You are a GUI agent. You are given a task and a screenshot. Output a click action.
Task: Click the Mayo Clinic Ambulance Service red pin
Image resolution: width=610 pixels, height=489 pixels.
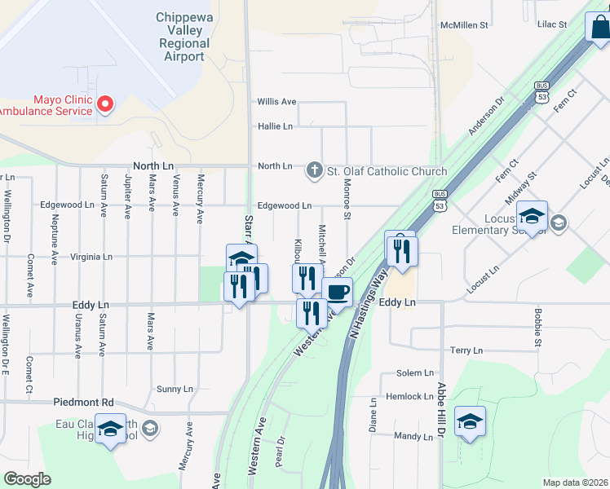tap(105, 104)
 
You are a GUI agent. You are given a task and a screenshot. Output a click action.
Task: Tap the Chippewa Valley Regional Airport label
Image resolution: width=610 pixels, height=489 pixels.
tap(183, 36)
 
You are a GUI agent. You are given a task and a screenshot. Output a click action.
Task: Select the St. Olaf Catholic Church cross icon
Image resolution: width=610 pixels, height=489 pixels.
tap(315, 170)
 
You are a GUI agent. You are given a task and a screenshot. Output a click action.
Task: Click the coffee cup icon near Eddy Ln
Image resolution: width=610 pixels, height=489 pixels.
tap(337, 292)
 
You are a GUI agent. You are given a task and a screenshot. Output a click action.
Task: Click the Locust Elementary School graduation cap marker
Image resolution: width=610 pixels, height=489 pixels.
tap(532, 217)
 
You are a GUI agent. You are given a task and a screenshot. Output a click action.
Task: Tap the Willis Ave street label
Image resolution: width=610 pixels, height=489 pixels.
tap(276, 102)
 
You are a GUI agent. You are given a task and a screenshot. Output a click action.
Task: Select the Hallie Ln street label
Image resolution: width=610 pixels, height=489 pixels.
tap(275, 126)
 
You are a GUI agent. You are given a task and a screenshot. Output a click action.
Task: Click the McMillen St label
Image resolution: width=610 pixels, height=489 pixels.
tap(463, 25)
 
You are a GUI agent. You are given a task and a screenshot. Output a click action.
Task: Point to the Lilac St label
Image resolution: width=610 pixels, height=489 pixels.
tap(552, 25)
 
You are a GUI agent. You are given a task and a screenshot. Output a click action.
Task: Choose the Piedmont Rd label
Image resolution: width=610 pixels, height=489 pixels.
tap(84, 403)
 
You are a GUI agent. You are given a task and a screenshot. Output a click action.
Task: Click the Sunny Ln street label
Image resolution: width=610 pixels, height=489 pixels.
tap(175, 389)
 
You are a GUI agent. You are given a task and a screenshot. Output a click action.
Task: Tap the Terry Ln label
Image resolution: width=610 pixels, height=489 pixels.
tap(466, 350)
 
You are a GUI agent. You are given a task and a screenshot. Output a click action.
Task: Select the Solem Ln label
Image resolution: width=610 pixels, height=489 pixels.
tap(415, 373)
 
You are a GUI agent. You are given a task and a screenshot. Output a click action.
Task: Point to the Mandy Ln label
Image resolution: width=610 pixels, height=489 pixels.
tap(413, 437)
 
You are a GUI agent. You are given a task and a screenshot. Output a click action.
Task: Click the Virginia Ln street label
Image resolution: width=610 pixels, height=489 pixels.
tap(91, 256)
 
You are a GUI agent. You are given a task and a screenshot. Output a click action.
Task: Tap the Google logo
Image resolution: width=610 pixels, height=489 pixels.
tap(28, 478)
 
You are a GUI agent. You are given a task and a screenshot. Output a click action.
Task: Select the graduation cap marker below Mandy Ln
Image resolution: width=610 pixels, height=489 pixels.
tap(470, 421)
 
